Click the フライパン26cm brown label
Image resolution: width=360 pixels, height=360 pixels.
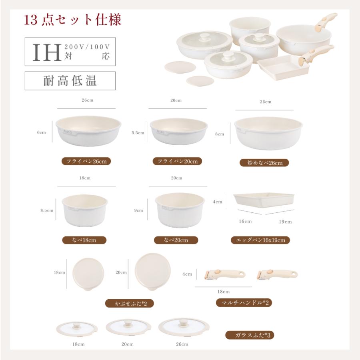(86, 161)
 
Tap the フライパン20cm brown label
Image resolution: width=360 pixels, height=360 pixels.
(177, 161)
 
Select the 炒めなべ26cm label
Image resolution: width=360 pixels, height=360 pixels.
(264, 163)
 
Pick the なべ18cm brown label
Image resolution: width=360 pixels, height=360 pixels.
(84, 240)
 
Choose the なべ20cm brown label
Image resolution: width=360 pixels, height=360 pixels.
(176, 240)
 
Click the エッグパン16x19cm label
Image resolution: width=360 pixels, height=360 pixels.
(260, 240)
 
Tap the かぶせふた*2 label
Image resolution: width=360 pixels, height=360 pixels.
(130, 304)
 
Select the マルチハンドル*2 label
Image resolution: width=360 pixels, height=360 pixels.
(244, 303)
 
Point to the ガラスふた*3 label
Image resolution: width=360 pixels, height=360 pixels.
(250, 335)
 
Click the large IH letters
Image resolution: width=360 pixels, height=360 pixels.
(47, 52)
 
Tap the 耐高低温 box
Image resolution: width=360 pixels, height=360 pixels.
(70, 81)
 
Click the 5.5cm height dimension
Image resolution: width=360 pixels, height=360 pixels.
(138, 133)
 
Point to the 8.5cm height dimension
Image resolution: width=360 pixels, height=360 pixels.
(47, 210)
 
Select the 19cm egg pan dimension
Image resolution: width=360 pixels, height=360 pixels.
(285, 222)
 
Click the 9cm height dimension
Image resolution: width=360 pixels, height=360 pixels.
(138, 210)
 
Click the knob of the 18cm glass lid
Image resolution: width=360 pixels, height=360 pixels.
(76, 325)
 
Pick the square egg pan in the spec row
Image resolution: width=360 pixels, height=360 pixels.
(264, 200)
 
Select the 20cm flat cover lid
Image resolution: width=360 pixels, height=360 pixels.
(153, 272)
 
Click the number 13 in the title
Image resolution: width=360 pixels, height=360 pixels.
(30, 20)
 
